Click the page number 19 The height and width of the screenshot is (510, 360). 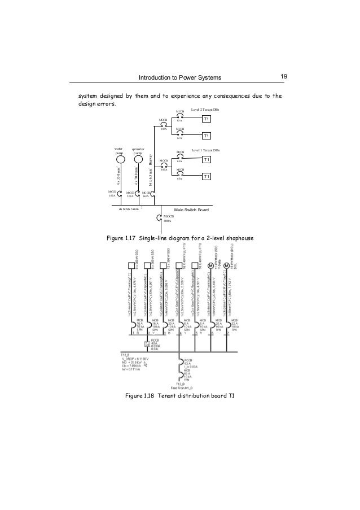tap(284, 76)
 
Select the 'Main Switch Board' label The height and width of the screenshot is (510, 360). tap(191, 210)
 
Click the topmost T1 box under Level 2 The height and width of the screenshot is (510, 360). tap(207, 119)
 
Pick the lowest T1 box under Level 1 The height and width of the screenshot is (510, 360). tap(207, 177)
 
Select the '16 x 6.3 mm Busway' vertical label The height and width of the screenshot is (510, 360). tap(151, 170)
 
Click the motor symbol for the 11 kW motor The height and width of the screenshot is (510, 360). tap(210, 266)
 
